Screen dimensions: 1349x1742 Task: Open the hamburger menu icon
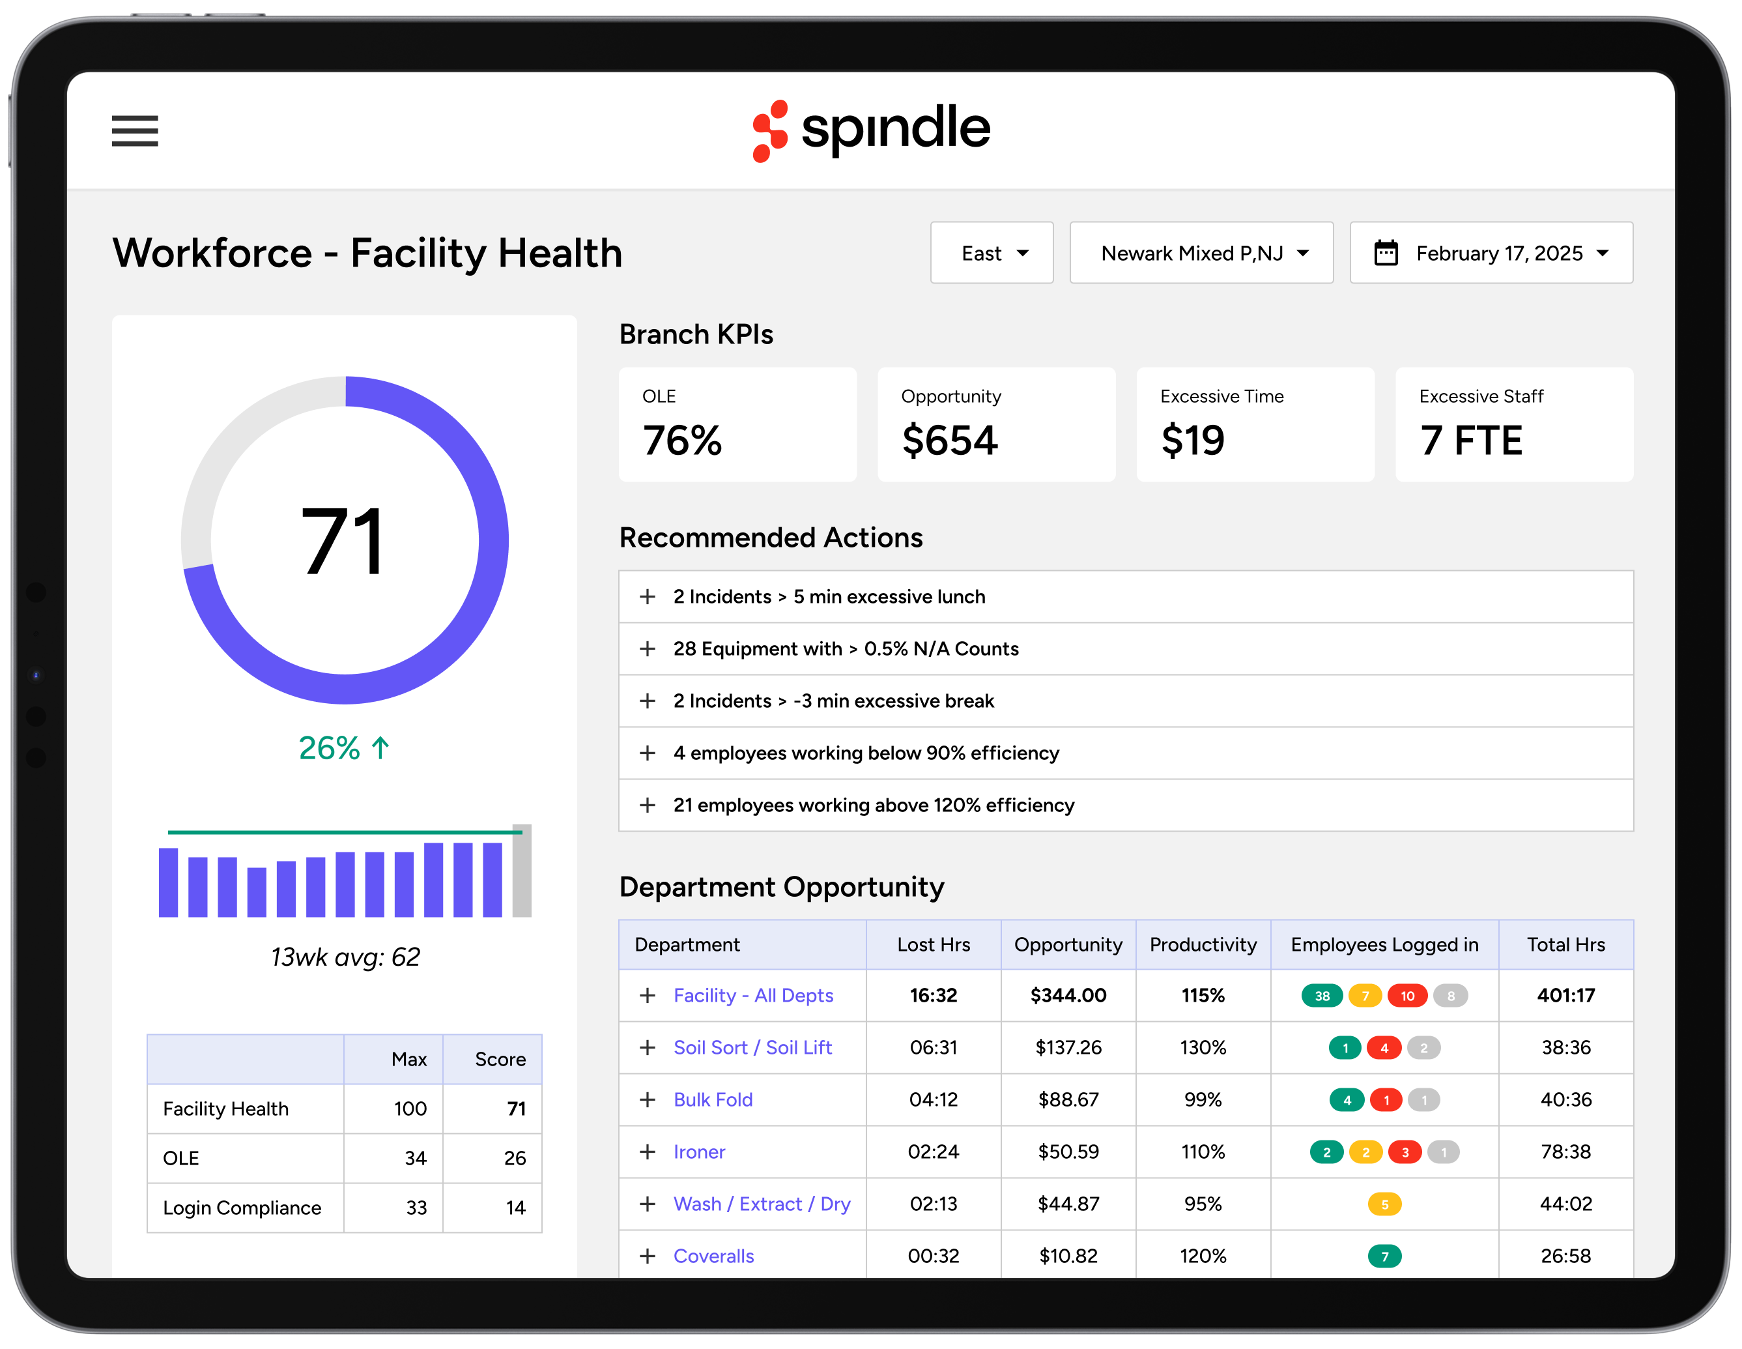coord(135,131)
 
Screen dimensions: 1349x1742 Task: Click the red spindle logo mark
coord(770,131)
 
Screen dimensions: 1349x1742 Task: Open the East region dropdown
coord(992,253)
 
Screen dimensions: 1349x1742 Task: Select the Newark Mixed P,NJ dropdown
coord(1201,253)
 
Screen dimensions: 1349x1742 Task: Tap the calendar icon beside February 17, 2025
coord(1386,253)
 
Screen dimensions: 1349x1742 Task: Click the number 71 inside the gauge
coord(344,542)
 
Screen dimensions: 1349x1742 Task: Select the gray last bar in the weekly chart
coord(522,871)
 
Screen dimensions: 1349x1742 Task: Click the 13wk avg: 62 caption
coord(345,957)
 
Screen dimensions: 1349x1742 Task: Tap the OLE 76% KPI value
coord(682,441)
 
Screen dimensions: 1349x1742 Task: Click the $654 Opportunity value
coord(949,441)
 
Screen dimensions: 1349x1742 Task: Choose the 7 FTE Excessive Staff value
coord(1471,441)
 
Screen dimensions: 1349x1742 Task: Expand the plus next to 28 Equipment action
coord(648,648)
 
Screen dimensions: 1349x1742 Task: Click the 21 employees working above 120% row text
coord(874,805)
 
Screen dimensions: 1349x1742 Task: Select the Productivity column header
coord(1202,944)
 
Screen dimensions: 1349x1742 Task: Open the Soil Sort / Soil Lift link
coord(752,1047)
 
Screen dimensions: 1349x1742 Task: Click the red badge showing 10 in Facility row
coord(1407,996)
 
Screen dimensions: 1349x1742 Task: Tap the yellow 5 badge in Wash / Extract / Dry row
coord(1384,1204)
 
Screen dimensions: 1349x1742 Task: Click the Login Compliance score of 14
coord(515,1208)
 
